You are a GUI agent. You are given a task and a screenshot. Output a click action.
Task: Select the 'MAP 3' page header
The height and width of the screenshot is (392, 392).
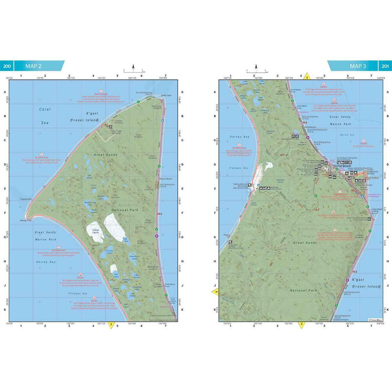[x=358, y=66]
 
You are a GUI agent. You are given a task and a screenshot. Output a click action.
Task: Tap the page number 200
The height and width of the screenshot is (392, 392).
[x=7, y=66]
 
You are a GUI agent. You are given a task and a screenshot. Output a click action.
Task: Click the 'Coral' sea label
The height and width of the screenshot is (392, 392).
[x=45, y=110]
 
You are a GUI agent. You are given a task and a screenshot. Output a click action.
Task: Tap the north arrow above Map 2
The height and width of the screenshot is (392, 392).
[x=133, y=67]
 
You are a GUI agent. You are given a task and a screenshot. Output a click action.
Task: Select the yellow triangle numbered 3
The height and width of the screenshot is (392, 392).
[x=111, y=325]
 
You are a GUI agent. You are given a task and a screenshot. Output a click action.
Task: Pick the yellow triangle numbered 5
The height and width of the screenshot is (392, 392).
[x=301, y=325]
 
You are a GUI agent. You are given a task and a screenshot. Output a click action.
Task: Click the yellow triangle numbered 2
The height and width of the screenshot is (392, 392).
[x=308, y=77]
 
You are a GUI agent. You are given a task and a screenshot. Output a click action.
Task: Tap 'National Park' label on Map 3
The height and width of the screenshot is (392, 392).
[x=303, y=290]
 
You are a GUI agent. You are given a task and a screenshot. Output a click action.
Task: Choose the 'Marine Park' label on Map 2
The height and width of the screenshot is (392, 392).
[x=45, y=239]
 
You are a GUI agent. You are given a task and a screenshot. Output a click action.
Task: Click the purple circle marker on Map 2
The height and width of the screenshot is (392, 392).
[x=157, y=236]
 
